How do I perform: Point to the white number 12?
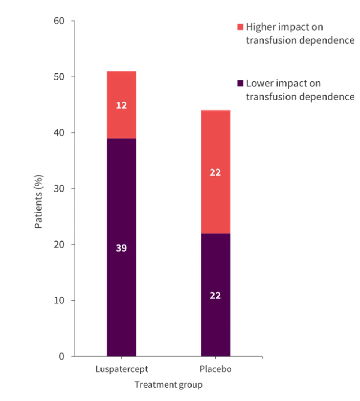click(x=121, y=105)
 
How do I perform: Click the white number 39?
click(x=121, y=248)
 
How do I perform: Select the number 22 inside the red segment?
click(x=215, y=173)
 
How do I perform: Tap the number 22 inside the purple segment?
click(x=215, y=296)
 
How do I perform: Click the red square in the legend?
click(x=239, y=27)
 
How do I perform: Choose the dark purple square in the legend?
click(x=239, y=84)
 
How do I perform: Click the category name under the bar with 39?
click(x=122, y=369)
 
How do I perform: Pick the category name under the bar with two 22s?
click(x=216, y=369)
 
